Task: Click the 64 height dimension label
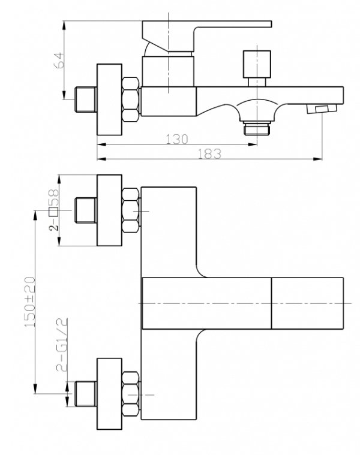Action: pos(58,60)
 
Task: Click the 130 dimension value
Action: pos(177,139)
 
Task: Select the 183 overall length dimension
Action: pos(209,154)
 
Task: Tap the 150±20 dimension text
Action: pos(30,302)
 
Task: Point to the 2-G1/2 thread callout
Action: pos(62,345)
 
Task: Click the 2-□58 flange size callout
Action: pos(54,210)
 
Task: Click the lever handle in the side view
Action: pos(207,37)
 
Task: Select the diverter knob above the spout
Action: pos(257,68)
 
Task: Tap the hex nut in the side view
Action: pos(131,100)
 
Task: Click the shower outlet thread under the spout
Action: pos(257,128)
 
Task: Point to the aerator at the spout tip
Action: pos(322,109)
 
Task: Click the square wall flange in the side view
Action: pos(109,100)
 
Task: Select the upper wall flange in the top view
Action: pos(109,210)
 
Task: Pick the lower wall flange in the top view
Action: pos(109,394)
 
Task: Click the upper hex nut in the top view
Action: pos(131,210)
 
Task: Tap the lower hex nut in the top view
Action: pos(131,394)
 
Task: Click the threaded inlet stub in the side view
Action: pos(86,100)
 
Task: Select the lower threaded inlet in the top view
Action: pos(86,394)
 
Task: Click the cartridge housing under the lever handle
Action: pos(168,71)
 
